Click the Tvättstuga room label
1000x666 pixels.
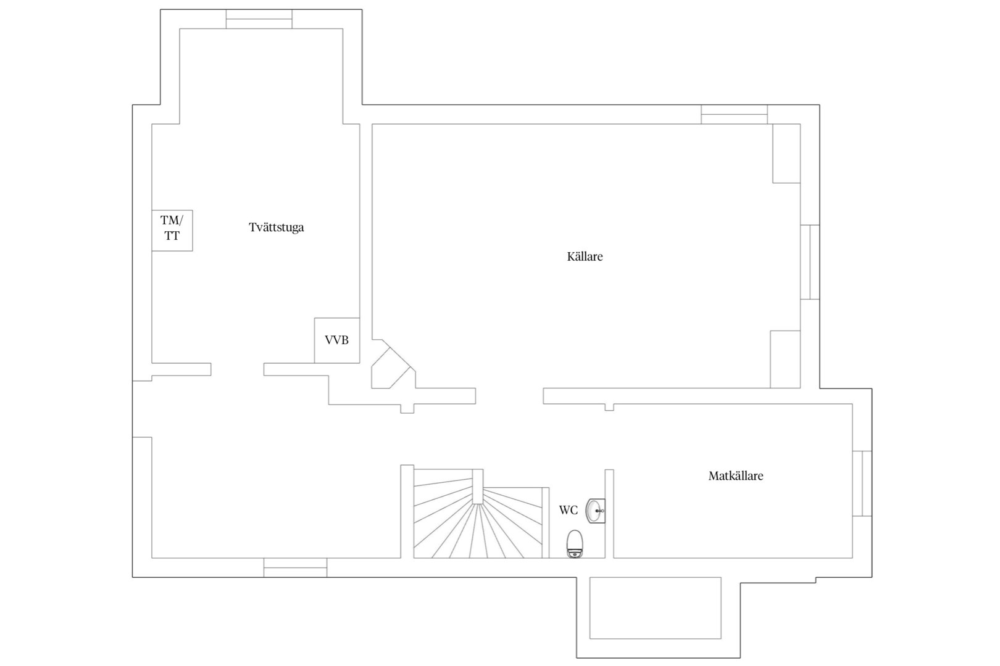click(x=277, y=228)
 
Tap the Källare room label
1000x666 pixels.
click(x=585, y=257)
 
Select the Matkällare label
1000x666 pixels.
click(x=736, y=476)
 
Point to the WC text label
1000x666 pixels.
click(x=569, y=510)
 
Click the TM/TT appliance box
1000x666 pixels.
click(x=172, y=231)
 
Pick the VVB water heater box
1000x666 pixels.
click(x=337, y=340)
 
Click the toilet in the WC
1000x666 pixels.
click(x=575, y=543)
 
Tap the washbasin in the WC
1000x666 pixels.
click(x=596, y=511)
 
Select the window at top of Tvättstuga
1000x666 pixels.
click(x=259, y=19)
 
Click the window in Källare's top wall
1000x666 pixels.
click(x=735, y=114)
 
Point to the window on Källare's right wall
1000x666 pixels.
click(x=810, y=262)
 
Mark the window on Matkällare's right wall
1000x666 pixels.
click(x=862, y=483)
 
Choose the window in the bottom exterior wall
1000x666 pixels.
click(x=295, y=567)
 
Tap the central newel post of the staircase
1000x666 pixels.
click(x=478, y=487)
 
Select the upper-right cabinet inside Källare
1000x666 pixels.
click(x=786, y=154)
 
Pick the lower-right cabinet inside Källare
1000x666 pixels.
click(x=785, y=360)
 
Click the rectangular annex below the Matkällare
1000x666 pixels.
click(x=656, y=608)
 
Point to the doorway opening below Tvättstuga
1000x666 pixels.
click(x=238, y=369)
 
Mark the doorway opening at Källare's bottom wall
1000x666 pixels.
click(x=509, y=396)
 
